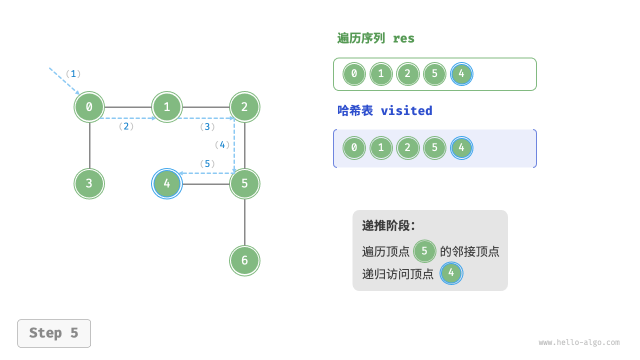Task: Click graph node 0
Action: [89, 106]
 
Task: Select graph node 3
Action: [89, 183]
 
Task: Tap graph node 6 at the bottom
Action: [244, 260]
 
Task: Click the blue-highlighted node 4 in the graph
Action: [167, 183]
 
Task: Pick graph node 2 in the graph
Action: [244, 106]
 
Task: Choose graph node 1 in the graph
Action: [167, 106]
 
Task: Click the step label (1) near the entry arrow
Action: [73, 74]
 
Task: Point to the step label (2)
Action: [126, 126]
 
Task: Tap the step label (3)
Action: [207, 127]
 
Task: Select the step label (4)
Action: [222, 145]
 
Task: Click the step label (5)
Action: [207, 163]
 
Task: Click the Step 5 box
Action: [54, 333]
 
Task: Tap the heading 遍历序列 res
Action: [375, 38]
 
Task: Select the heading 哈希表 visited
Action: [384, 110]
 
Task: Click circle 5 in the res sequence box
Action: [434, 74]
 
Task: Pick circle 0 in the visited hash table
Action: [354, 148]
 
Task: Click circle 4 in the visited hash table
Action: [461, 148]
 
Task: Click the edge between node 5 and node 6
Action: [244, 222]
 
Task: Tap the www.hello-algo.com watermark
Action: [579, 342]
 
